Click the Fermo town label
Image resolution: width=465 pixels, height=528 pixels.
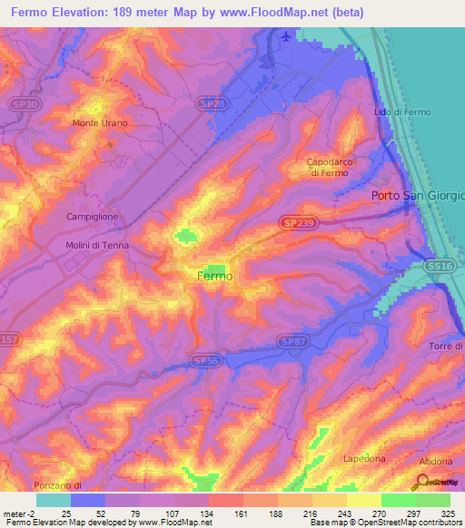click(x=215, y=276)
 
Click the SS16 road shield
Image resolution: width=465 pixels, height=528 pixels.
click(x=439, y=265)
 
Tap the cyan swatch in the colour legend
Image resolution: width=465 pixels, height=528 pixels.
click(x=53, y=500)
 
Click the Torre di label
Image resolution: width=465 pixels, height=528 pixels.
click(x=445, y=347)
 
